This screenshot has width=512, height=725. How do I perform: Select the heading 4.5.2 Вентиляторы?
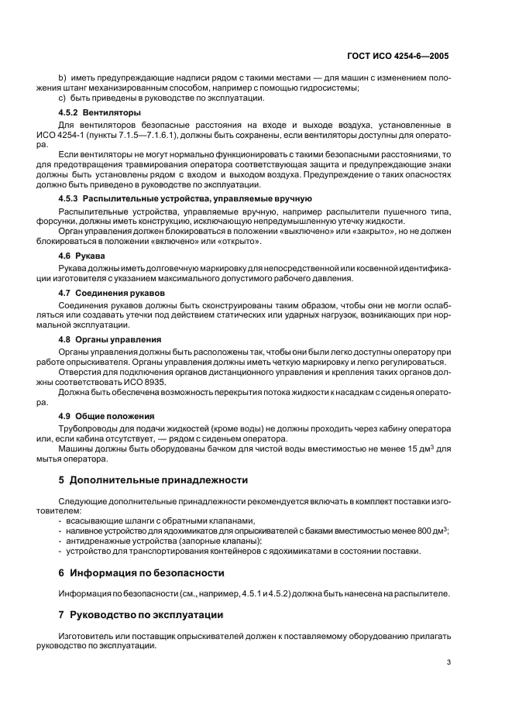pyautogui.click(x=89, y=113)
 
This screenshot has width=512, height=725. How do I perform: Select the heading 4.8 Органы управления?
pyautogui.click(x=110, y=339)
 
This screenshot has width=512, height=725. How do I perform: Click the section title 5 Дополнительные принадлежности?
pyautogui.click(x=153, y=479)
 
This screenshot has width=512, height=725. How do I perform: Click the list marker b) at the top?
pyautogui.click(x=63, y=77)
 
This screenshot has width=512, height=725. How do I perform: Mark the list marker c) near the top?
pyautogui.click(x=63, y=98)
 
